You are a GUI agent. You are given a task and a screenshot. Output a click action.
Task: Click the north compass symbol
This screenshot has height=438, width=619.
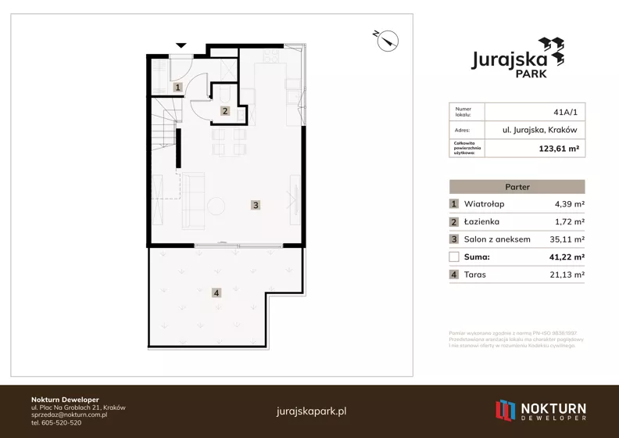coord(388,41)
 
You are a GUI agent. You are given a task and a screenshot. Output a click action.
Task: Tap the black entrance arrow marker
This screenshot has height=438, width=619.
coord(181,45)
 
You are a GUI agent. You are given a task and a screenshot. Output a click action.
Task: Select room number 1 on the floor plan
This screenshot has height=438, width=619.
coord(177,88)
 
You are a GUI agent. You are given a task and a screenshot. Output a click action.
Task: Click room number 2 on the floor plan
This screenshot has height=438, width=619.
coord(225,111)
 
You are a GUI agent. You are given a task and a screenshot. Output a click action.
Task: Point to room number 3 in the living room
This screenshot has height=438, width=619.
coord(256,205)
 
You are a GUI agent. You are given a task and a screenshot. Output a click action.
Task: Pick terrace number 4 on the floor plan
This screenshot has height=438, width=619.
coord(216,293)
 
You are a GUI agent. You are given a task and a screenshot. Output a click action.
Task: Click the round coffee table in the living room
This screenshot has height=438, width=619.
coord(216,206)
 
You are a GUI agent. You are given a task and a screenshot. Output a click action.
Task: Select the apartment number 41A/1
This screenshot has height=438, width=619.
coord(565,112)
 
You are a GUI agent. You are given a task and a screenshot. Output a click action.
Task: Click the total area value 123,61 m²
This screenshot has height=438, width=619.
coord(559,149)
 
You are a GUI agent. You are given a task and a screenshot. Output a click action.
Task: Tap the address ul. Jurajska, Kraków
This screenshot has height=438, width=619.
coord(539,130)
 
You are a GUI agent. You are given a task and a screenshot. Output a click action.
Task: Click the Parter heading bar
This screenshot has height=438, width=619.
coord(517,187)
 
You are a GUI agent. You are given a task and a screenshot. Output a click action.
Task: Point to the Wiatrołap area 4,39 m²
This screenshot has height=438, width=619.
coord(570,204)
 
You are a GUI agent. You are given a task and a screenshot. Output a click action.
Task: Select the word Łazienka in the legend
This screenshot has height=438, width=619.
coord(481,221)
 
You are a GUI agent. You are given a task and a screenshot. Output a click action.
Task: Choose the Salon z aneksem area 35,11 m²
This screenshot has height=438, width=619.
coord(567,239)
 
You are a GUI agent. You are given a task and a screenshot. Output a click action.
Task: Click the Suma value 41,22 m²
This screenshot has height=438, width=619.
coord(567,257)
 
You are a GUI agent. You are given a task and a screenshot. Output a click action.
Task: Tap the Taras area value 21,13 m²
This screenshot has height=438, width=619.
coord(567,275)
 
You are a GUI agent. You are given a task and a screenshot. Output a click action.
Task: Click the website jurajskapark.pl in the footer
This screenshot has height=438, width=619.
coord(312,411)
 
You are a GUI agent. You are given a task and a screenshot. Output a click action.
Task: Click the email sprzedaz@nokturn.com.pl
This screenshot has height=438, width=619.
coord(69,415)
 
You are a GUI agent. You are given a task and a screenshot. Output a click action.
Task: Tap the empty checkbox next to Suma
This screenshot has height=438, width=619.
coord(454,257)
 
